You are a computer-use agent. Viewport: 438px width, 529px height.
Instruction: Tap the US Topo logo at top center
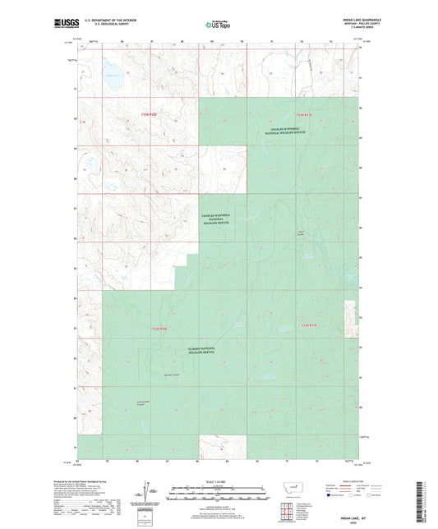[x=218, y=25]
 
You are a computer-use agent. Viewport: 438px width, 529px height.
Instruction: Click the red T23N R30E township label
[x=149, y=113]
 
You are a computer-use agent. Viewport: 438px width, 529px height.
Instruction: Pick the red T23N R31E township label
[x=307, y=113]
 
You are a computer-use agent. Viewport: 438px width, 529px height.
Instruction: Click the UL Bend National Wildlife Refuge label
[x=202, y=351]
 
